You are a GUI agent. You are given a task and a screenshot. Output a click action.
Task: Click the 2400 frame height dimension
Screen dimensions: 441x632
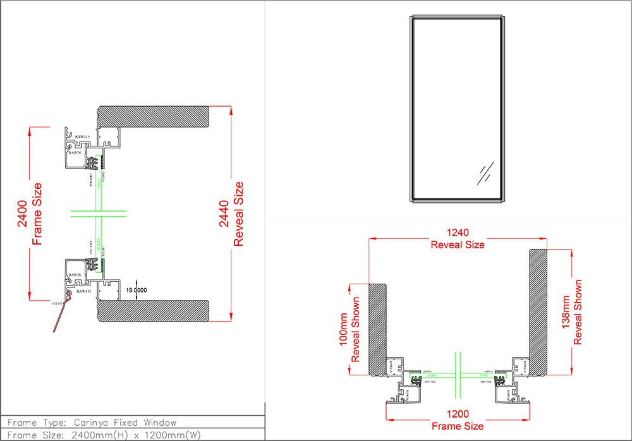click(x=22, y=214)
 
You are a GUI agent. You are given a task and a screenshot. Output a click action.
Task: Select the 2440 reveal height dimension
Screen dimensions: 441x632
click(x=224, y=214)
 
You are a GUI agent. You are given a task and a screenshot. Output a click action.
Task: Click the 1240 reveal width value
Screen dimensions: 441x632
click(x=458, y=233)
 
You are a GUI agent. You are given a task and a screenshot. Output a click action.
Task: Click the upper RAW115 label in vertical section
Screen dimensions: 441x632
click(x=83, y=137)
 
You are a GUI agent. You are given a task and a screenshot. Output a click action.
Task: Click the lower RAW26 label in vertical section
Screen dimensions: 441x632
click(x=75, y=275)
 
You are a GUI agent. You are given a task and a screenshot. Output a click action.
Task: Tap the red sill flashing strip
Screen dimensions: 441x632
click(x=61, y=314)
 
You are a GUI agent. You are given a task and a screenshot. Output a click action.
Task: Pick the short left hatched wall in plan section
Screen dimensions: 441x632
click(x=377, y=329)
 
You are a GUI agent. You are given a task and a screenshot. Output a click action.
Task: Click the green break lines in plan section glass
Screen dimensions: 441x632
click(x=458, y=373)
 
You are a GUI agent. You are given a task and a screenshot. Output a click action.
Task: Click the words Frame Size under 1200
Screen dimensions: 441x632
click(x=458, y=426)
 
